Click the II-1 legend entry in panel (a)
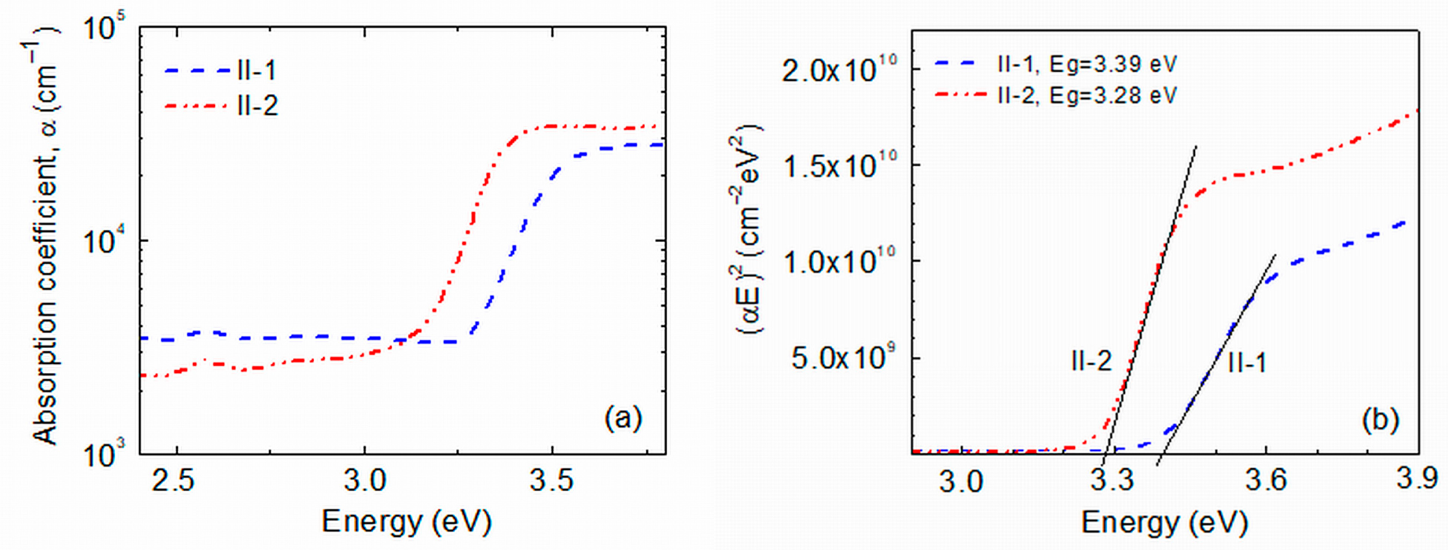point(257,71)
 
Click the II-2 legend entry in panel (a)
point(257,105)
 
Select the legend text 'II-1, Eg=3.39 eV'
point(1086,64)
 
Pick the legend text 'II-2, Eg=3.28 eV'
point(1086,95)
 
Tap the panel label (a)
point(622,419)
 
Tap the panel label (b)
point(1380,420)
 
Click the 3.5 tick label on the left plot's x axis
point(551,481)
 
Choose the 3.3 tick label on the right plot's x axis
point(1111,481)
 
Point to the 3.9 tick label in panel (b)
point(1417,479)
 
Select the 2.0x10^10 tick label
point(838,70)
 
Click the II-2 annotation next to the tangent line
point(1091,361)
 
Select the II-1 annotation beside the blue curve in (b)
point(1247,363)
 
